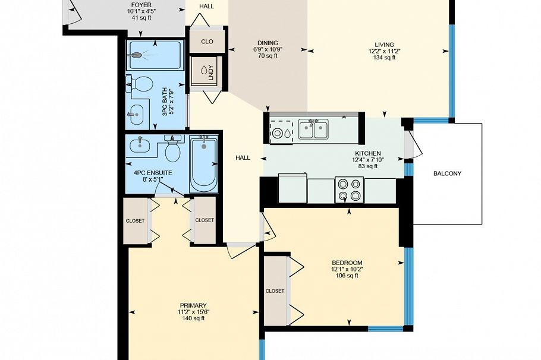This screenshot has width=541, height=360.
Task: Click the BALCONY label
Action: click(x=447, y=173)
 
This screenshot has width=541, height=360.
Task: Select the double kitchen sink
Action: click(x=313, y=130)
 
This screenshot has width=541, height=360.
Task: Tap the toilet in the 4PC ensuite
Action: click(x=173, y=151)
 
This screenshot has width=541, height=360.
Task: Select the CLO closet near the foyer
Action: click(x=207, y=42)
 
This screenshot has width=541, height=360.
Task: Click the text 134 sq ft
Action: click(x=383, y=58)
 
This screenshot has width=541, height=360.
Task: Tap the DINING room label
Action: click(x=267, y=42)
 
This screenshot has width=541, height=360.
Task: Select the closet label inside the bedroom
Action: click(x=275, y=291)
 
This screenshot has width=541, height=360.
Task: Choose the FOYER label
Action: click(x=141, y=5)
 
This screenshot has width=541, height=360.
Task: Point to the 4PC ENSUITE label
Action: click(x=153, y=173)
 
